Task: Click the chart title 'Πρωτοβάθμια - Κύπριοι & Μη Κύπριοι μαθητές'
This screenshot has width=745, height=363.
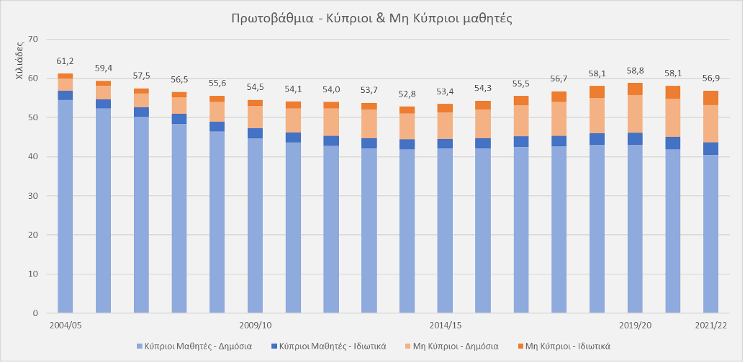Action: click(372, 19)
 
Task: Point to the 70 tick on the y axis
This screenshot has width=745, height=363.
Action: click(32, 39)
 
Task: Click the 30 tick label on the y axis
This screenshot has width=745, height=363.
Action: click(32, 196)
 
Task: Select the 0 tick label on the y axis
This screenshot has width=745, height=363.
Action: click(35, 313)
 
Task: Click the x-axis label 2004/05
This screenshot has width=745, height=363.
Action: click(66, 326)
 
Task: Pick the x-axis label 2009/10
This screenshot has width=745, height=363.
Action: click(255, 326)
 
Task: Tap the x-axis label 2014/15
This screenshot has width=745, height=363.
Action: click(445, 326)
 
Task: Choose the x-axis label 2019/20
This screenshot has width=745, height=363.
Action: click(635, 326)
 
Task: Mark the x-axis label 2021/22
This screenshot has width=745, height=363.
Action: click(710, 326)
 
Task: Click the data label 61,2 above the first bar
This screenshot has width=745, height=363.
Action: click(66, 62)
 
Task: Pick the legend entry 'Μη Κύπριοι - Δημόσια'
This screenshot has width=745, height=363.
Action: click(459, 346)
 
